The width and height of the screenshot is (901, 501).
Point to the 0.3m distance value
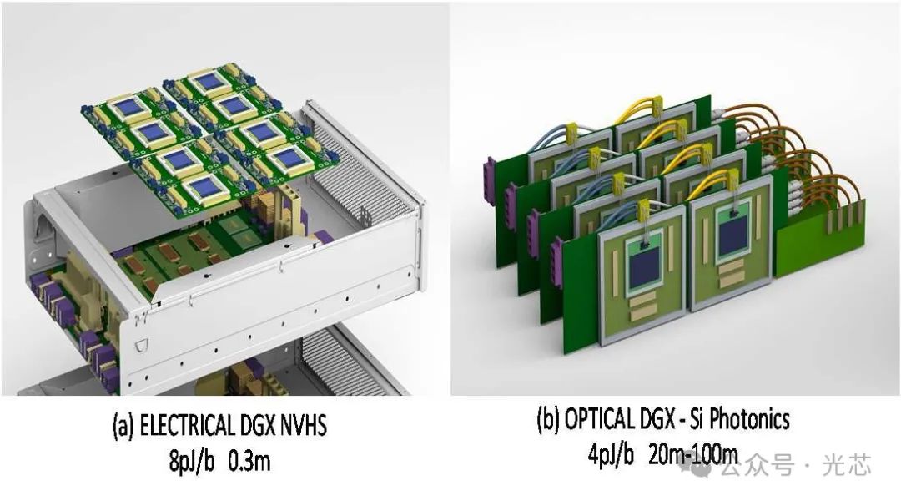[x=249, y=461]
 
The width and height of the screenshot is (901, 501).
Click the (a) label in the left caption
[x=123, y=426]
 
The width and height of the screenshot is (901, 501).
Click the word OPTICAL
[x=599, y=418]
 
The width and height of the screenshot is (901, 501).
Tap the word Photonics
[x=750, y=418]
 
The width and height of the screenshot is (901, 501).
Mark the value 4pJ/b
[x=611, y=454]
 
